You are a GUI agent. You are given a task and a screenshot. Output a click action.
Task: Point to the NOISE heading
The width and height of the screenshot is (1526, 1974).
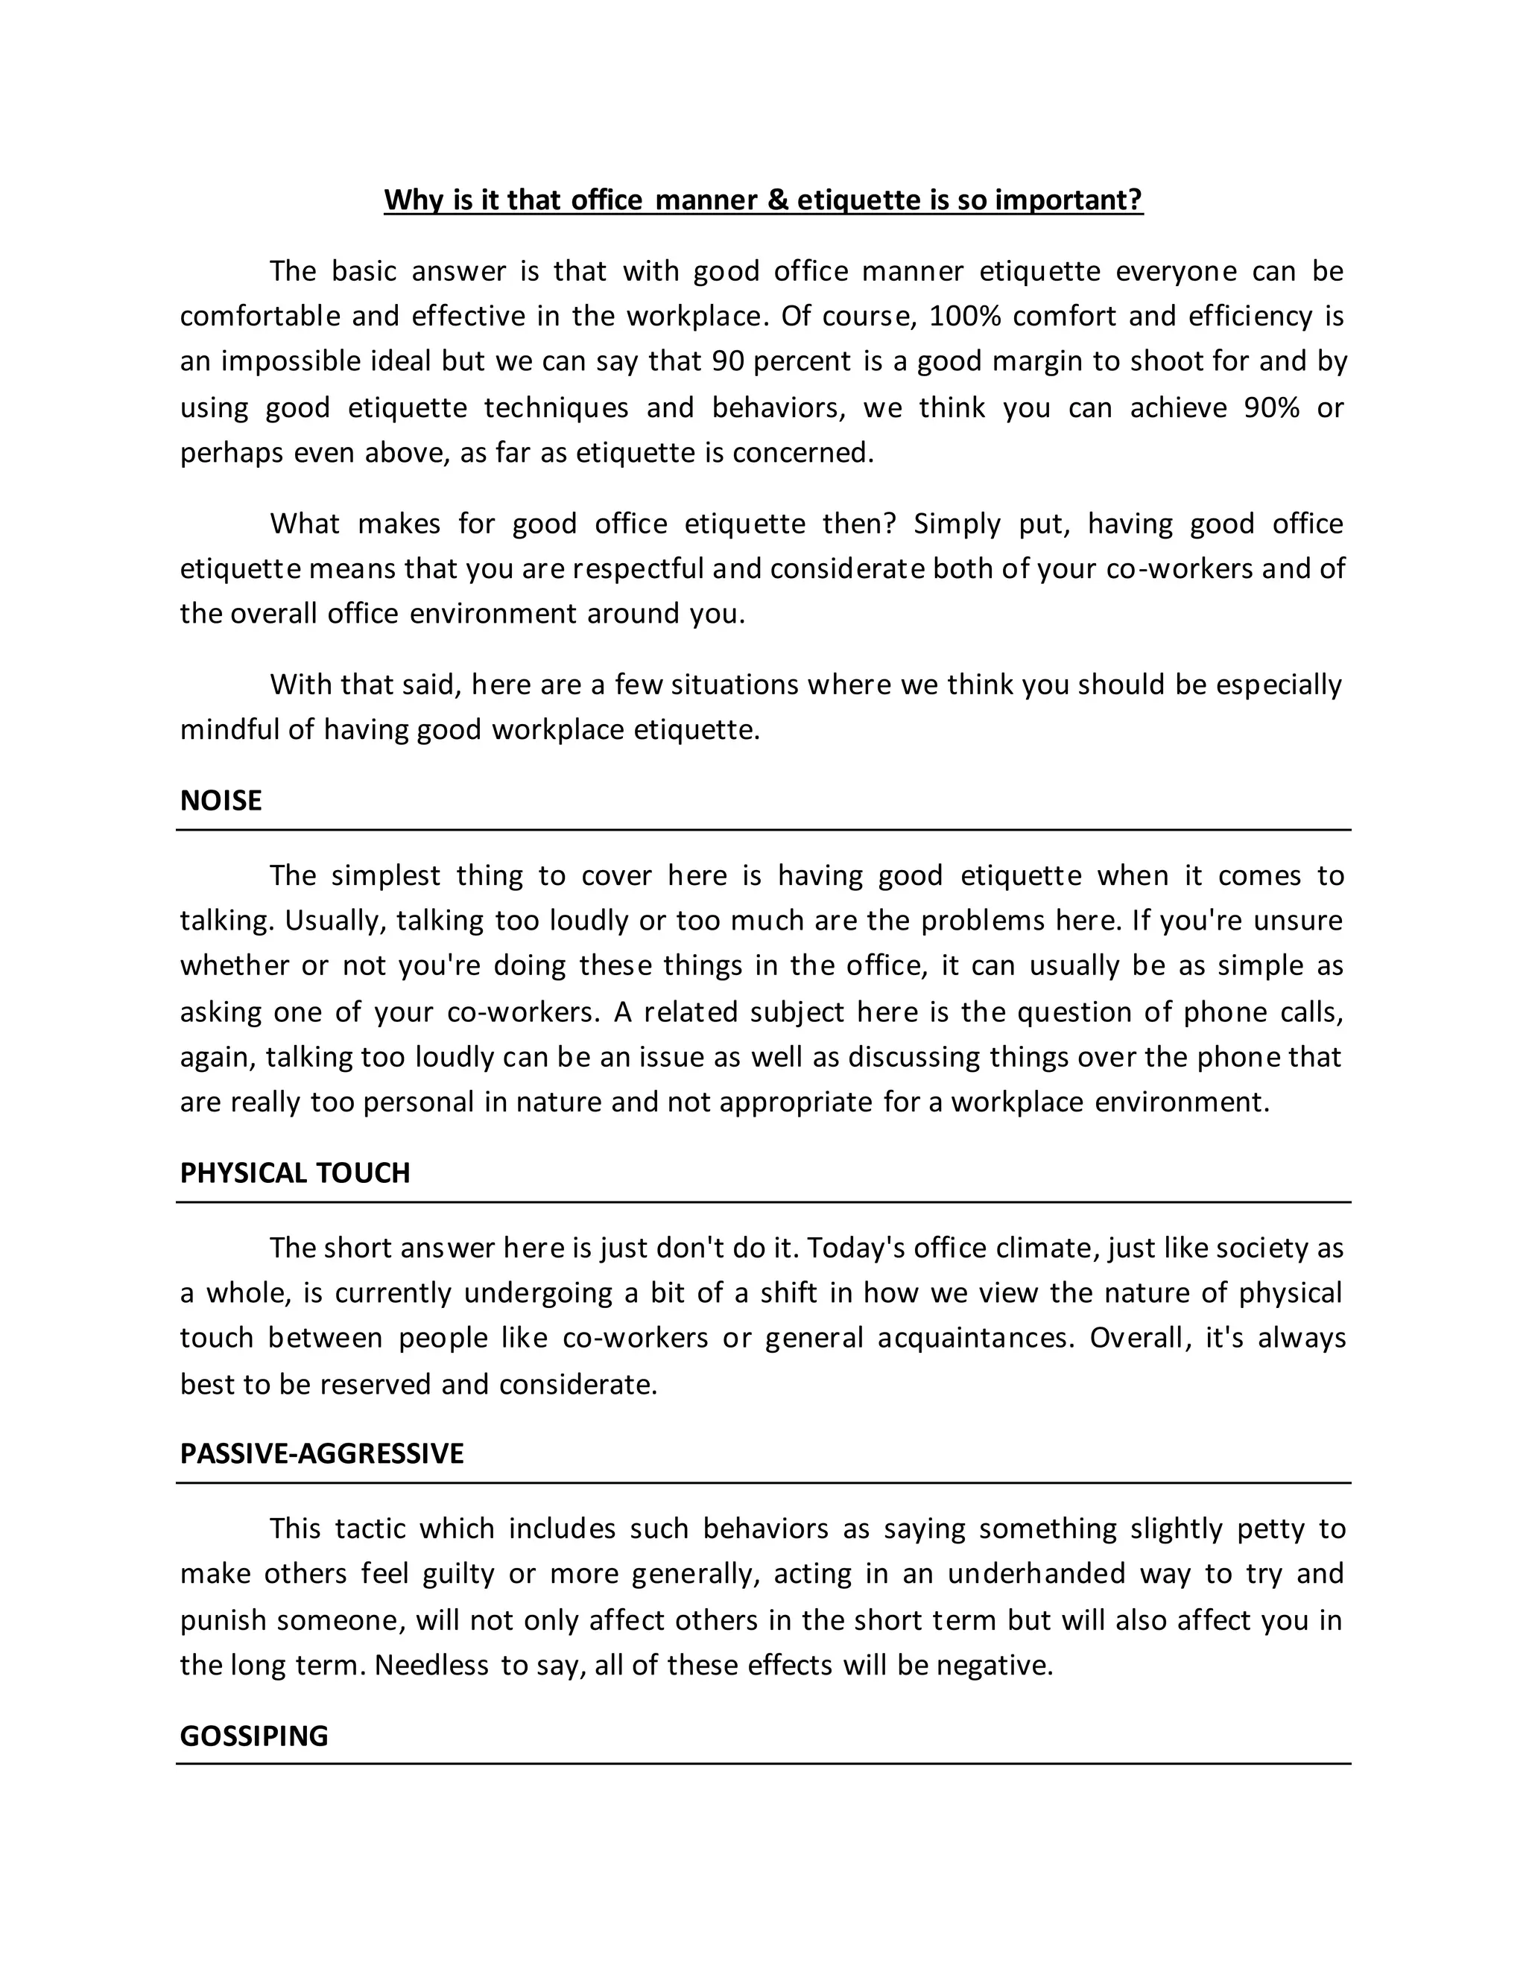(x=221, y=801)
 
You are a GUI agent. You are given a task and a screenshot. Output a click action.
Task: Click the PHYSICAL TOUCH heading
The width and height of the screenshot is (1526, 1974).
(x=295, y=1173)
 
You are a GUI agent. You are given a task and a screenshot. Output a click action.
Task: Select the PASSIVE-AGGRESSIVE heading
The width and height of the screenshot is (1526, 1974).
(x=321, y=1453)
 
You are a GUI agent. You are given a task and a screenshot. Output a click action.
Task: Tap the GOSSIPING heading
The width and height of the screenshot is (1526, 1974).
(x=253, y=1736)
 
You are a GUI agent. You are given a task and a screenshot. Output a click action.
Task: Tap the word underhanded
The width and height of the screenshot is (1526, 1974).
(x=1036, y=1573)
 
